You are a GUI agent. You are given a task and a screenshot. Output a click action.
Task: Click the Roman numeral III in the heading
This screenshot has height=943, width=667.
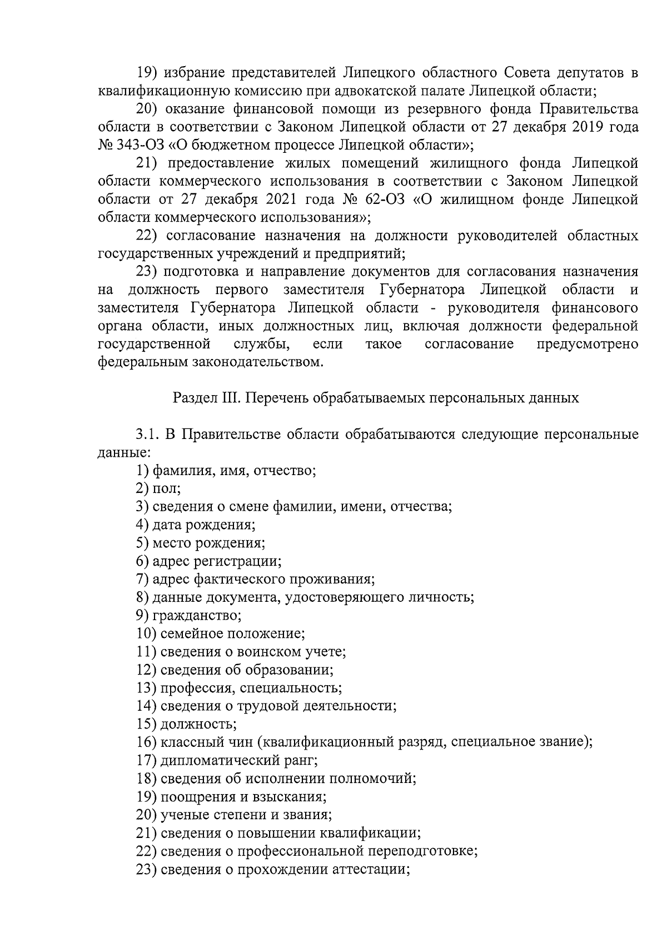click(x=232, y=398)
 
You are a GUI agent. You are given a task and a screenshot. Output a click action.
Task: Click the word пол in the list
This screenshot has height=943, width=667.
click(x=166, y=488)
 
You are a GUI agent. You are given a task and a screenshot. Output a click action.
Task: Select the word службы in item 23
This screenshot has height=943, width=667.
click(x=261, y=344)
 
